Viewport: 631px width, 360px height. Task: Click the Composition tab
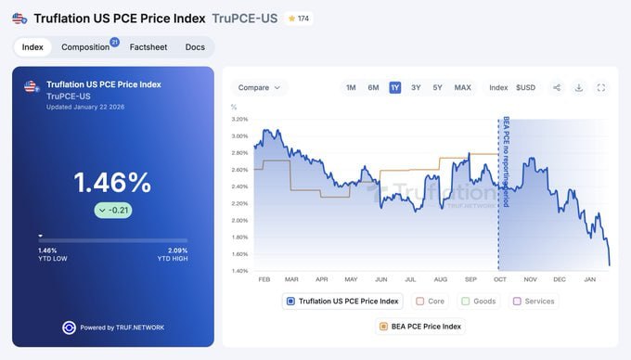85,46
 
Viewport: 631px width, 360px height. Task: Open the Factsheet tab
148,46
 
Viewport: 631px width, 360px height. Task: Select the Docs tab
195,46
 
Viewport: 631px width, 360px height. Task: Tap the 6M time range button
373,87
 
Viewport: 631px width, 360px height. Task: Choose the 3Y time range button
416,87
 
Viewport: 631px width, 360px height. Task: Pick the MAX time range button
462,87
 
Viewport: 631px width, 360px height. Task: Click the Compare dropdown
259,87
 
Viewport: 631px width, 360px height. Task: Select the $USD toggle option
525,87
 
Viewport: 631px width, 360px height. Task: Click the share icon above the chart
557,87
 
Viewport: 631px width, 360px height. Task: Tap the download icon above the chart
579,87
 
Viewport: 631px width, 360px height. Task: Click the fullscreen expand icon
601,87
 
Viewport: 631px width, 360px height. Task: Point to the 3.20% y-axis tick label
239,119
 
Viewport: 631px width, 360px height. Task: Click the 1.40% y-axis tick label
239,271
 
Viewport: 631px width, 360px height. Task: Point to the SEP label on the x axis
470,278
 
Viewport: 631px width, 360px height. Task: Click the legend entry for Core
431,301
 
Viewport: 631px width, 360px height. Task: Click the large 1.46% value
112,181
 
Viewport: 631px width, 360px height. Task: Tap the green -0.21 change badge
112,210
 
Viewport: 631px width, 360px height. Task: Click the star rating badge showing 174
299,18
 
